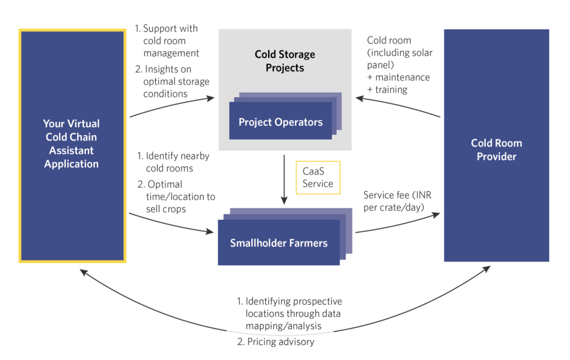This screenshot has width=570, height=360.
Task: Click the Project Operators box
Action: click(x=280, y=120)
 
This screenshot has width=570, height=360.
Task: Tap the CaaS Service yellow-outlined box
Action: click(x=318, y=177)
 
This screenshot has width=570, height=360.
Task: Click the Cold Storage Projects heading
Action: click(x=285, y=60)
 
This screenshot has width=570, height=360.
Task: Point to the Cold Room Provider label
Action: click(x=497, y=149)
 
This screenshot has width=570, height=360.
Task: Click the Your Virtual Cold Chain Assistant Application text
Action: click(x=72, y=144)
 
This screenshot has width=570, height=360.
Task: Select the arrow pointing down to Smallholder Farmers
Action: click(x=284, y=180)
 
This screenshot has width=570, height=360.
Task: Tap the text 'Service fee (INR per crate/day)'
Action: click(x=397, y=201)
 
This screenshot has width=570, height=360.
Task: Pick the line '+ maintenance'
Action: click(x=398, y=77)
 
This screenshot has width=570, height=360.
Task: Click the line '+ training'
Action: click(x=387, y=90)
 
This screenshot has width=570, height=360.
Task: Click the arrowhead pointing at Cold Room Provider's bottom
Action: click(x=487, y=269)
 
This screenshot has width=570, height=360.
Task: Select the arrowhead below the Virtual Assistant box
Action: click(x=83, y=272)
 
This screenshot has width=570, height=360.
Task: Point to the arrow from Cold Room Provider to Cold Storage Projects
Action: click(x=397, y=105)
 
